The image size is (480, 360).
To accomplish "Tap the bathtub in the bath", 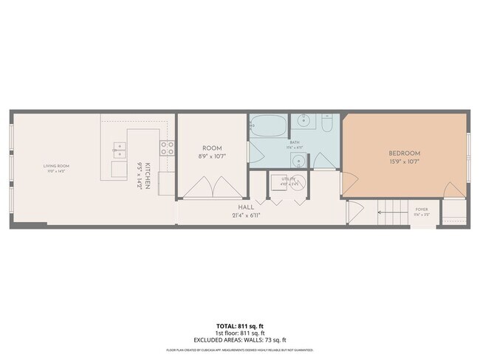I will click(x=268, y=126).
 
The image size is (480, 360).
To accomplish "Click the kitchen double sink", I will click(x=119, y=150).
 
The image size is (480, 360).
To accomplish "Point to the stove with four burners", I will click(x=168, y=148).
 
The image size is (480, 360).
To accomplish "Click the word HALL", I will click(x=246, y=208).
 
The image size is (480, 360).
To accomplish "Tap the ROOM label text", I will click(x=212, y=148).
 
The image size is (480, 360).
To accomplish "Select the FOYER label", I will click(x=422, y=209).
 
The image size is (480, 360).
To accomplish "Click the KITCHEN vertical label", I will click(x=148, y=176).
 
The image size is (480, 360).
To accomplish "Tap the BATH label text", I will click(x=295, y=142).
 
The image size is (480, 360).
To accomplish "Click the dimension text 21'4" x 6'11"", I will click(x=246, y=215).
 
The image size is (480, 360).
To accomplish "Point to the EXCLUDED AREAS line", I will click(x=240, y=340).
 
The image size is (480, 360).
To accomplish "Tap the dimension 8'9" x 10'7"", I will click(x=212, y=156).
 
